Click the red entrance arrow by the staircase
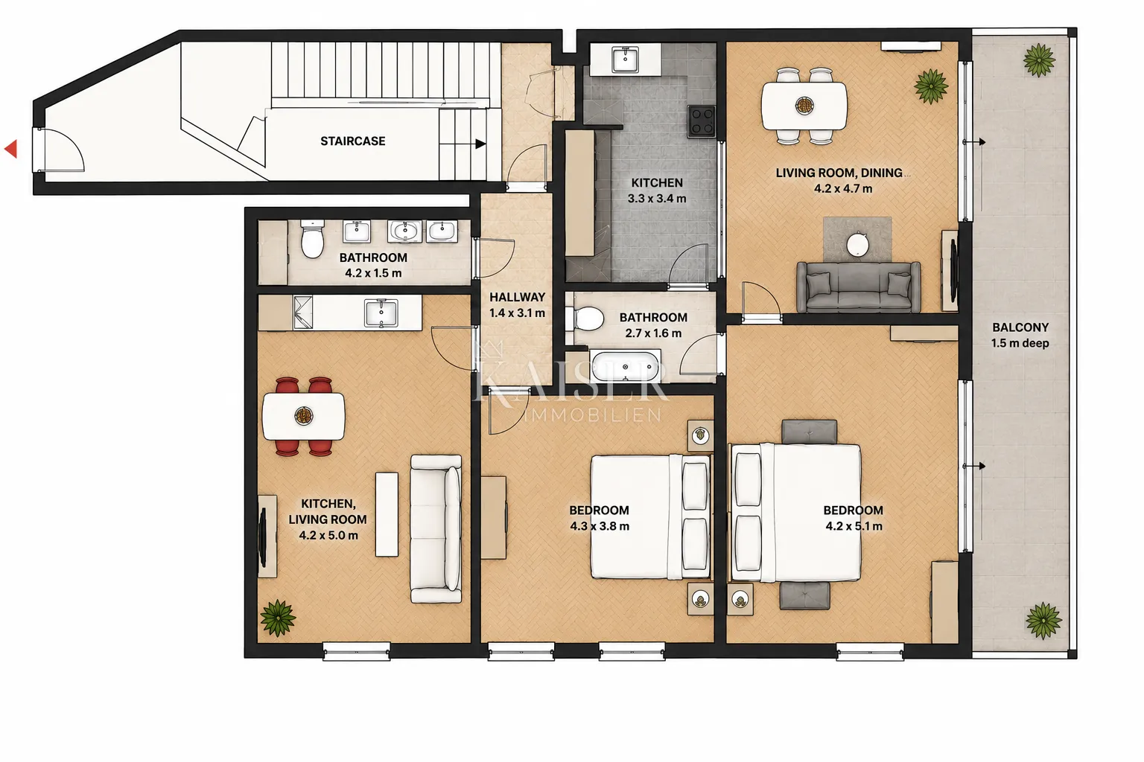pos(11,149)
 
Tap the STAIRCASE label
pos(352,141)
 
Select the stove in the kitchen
pos(701,121)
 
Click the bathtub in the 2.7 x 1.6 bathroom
pos(625,365)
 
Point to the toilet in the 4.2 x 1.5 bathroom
pos(312,238)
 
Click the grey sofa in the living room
pos(859,287)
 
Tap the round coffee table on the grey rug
pos(857,245)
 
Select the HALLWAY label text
pos(517,297)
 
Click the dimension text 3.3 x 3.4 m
pos(657,199)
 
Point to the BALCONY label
pos(1020,327)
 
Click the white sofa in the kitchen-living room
pos(436,529)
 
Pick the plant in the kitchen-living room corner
pos(278,618)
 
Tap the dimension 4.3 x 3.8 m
pos(599,525)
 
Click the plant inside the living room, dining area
pos(930,86)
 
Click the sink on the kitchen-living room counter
pos(381,313)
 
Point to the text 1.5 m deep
pos(1020,343)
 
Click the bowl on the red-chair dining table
pos(304,416)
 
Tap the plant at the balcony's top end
pos(1039,60)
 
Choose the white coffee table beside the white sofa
pos(387,514)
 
